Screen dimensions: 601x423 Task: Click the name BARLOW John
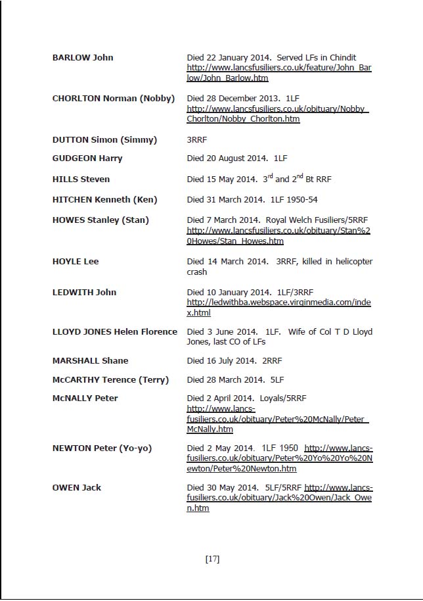[83, 57]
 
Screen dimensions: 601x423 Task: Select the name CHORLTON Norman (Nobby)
[113, 98]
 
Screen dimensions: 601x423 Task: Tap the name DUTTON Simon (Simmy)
[104, 139]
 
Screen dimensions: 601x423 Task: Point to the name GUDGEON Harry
[87, 158]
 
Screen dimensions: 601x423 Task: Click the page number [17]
[212, 559]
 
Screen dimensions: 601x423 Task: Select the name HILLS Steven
[81, 179]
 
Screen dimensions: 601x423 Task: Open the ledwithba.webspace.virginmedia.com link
[279, 308]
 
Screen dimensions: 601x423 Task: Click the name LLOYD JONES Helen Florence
[114, 331]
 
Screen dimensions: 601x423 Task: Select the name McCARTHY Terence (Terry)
[110, 379]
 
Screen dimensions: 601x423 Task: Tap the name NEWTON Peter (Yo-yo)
[102, 448]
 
